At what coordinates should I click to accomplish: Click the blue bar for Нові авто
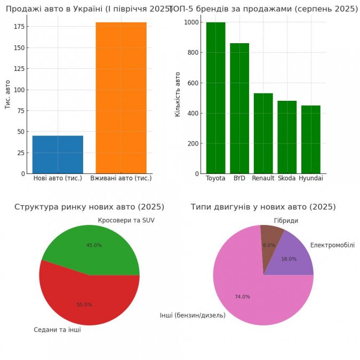[58, 155]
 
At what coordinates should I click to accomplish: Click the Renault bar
[263, 133]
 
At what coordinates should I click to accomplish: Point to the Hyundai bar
[311, 139]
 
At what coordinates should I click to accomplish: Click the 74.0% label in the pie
[242, 297]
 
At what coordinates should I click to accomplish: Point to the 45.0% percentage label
[94, 245]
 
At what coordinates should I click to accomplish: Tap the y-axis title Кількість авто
[178, 94]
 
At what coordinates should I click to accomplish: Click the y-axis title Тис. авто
[7, 94]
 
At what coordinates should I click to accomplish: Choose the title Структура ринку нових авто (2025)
[89, 207]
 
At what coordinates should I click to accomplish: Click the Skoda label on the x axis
[287, 178]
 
